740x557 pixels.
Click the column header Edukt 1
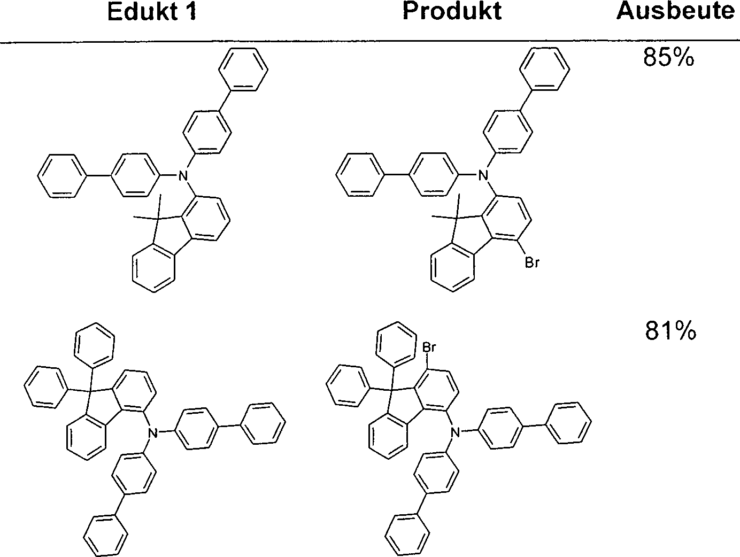click(x=152, y=12)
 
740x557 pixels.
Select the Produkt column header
click(x=452, y=11)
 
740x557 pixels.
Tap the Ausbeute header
click(x=675, y=11)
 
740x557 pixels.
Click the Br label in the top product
click(x=532, y=262)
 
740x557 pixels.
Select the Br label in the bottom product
click(x=429, y=347)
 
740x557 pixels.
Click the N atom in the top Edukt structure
click(x=182, y=175)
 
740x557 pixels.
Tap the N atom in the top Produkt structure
click(x=483, y=175)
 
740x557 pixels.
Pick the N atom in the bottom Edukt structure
click(x=153, y=432)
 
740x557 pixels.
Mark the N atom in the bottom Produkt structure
click(x=455, y=432)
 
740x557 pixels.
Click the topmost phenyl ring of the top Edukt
click(x=243, y=69)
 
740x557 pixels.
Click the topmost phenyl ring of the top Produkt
click(x=545, y=69)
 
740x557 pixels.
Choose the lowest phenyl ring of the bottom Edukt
click(x=105, y=536)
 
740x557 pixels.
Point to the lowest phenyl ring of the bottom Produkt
click(x=407, y=535)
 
